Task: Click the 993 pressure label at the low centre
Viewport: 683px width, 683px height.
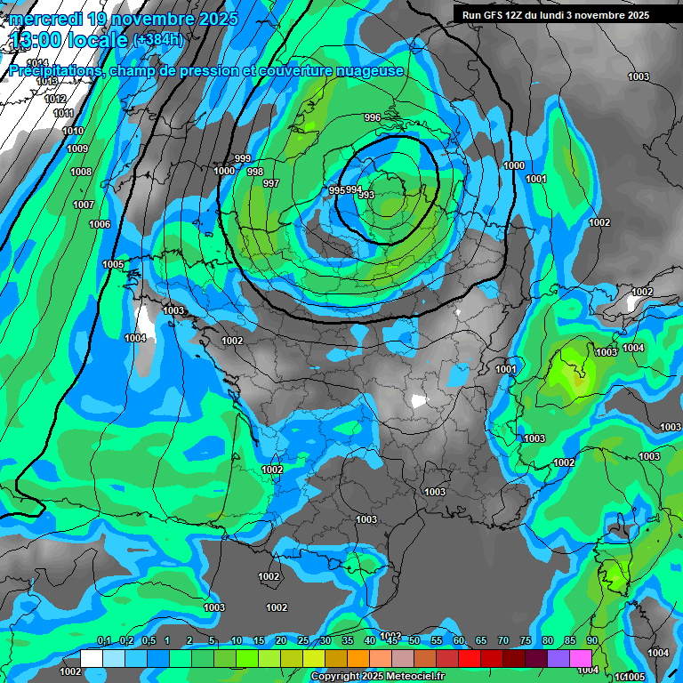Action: (x=366, y=196)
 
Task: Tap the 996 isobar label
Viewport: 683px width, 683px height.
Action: (x=373, y=118)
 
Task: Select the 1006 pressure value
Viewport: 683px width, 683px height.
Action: (x=100, y=225)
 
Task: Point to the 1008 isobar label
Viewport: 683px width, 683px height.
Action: (x=81, y=172)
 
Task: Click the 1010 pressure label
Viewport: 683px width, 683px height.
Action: (x=73, y=131)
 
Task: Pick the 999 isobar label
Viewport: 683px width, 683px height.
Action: (x=243, y=158)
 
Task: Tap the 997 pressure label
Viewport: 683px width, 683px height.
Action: (x=271, y=184)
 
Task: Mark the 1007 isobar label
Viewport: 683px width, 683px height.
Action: (x=84, y=205)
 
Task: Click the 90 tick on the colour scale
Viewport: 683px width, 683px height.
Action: (x=591, y=640)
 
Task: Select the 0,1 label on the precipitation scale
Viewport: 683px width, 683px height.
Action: (x=104, y=640)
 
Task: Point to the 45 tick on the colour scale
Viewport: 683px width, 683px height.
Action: (x=392, y=640)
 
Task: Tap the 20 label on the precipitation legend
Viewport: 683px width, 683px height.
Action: (x=281, y=640)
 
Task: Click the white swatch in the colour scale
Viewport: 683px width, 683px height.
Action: (x=92, y=657)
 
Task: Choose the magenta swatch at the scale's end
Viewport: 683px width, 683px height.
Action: (x=581, y=657)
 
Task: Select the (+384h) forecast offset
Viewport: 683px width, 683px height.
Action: (x=157, y=40)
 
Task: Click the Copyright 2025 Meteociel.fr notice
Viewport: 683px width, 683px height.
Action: (x=377, y=676)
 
